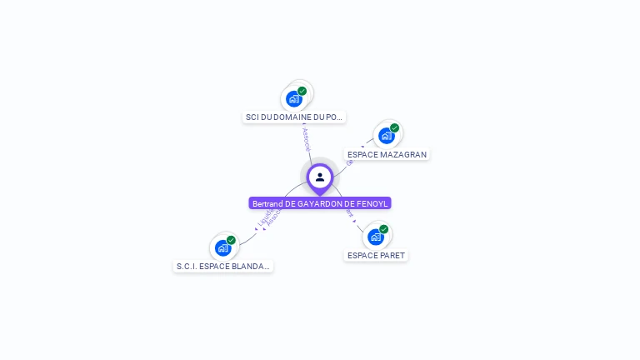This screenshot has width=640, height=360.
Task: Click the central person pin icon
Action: coord(320,177)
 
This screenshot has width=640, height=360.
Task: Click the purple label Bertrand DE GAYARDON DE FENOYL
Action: coord(320,203)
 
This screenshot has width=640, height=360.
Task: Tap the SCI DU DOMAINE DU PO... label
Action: coord(294,117)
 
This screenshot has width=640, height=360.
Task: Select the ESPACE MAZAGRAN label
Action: coord(387,155)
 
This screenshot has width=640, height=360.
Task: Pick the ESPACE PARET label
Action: coord(376,255)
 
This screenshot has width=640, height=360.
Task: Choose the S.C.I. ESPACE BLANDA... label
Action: coord(222,267)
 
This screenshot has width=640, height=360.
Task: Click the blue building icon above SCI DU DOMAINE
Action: coord(293,99)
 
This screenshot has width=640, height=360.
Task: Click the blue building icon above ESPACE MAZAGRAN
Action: coord(386,136)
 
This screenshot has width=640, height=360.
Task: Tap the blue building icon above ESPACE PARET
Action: coord(375,237)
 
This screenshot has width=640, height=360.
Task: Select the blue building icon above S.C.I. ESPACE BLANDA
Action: coord(222,247)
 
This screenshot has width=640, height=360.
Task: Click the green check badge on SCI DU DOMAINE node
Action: coord(302,91)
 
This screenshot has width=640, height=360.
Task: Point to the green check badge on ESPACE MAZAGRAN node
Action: coord(395,127)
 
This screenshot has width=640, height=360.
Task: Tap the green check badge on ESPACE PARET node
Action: coord(384,228)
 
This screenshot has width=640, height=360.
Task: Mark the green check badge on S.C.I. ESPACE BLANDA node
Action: coord(232,240)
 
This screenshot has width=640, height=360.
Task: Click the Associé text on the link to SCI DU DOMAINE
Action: coord(306,138)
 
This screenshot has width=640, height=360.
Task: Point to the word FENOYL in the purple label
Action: coord(373,203)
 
